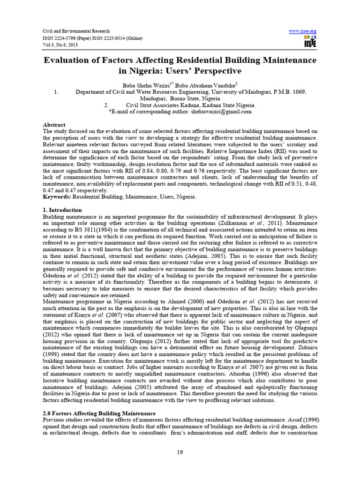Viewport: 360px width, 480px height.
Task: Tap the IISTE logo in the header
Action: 310,41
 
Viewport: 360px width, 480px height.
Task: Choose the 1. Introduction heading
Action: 62,210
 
